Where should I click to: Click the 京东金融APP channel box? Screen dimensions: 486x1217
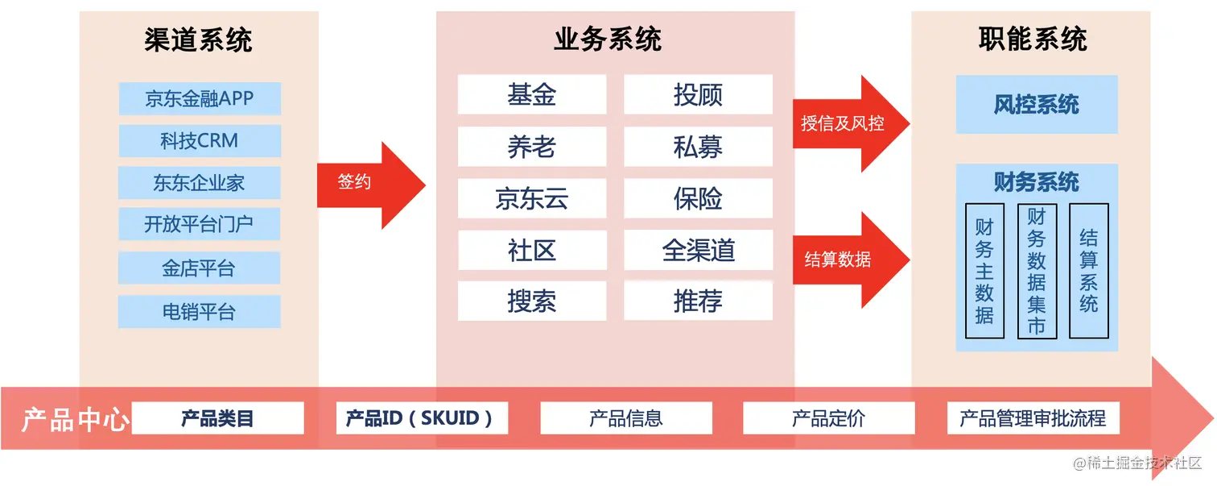coord(200,98)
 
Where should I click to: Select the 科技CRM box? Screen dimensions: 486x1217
coord(200,141)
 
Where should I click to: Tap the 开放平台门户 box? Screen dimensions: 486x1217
coord(200,224)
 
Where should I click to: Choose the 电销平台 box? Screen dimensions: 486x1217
coord(200,311)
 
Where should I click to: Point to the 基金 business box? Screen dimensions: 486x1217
coord(531,95)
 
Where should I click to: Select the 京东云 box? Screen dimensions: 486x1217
coord(531,198)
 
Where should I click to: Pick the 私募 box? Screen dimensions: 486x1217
coord(698,147)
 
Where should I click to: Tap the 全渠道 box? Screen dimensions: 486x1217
coord(698,250)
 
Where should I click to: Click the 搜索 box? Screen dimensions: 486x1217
coord(531,301)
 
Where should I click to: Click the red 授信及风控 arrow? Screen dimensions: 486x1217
coord(845,124)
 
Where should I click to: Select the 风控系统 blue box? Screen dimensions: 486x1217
coord(1037,105)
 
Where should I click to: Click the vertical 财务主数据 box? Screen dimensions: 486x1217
coord(984,271)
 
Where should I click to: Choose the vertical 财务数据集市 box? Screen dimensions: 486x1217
coord(1037,271)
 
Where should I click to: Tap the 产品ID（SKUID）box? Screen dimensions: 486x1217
coord(422,418)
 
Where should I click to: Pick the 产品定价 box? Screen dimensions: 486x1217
coord(828,418)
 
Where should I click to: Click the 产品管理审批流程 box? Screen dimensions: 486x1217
coord(1033,418)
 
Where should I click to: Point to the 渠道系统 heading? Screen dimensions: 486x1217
coord(198,39)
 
